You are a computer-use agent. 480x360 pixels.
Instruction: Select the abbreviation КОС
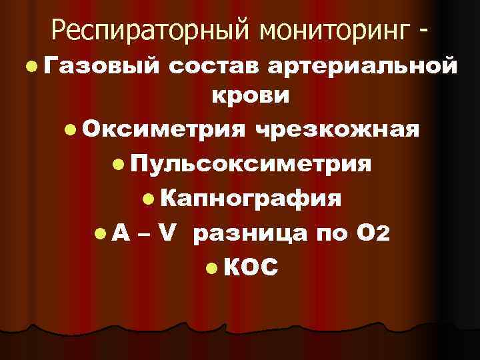pyautogui.click(x=251, y=267)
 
